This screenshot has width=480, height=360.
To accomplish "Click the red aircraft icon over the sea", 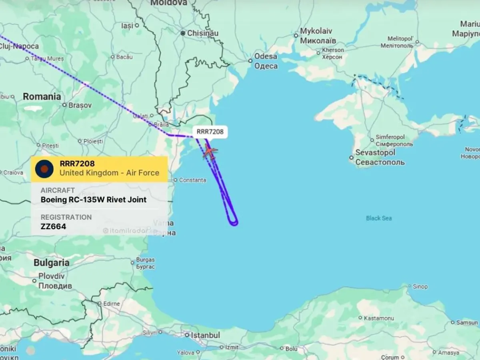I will pyautogui.click(x=210, y=152).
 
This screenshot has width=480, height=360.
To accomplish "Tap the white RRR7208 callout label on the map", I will pyautogui.click(x=210, y=132).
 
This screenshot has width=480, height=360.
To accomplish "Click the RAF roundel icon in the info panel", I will pyautogui.click(x=44, y=168).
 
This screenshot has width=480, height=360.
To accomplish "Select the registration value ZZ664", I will pyautogui.click(x=53, y=227).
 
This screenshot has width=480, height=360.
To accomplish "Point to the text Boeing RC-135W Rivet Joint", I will pyautogui.click(x=94, y=200).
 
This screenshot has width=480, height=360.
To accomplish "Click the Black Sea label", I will pyautogui.click(x=379, y=218).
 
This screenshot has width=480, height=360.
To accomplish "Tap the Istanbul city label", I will pyautogui.click(x=205, y=335).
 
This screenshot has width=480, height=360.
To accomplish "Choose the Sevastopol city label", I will pyautogui.click(x=375, y=152).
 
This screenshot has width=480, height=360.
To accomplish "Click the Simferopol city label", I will pyautogui.click(x=390, y=137).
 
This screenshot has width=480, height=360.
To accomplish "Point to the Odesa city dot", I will pyautogui.click(x=250, y=61).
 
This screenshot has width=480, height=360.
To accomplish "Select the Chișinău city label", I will pyautogui.click(x=202, y=33).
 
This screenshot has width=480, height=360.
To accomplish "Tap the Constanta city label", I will pyautogui.click(x=192, y=180).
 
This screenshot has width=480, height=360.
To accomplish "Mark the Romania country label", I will pyautogui.click(x=42, y=96).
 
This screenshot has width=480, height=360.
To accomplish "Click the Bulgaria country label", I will pyautogui.click(x=51, y=263).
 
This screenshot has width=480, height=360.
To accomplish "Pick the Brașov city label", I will pyautogui.click(x=80, y=105).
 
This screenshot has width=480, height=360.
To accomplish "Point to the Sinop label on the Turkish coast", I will pyautogui.click(x=420, y=286).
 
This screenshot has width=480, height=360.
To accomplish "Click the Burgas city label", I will pyautogui.click(x=145, y=260).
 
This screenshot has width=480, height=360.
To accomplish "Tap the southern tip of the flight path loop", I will pyautogui.click(x=234, y=224).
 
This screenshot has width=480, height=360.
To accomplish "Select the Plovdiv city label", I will pyautogui.click(x=52, y=276).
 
